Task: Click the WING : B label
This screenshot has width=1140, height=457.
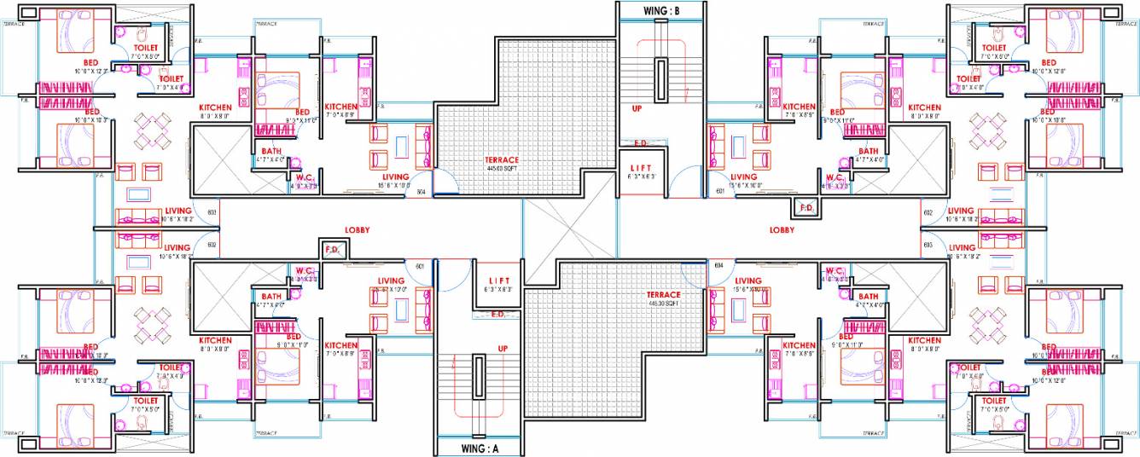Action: pos(661,10)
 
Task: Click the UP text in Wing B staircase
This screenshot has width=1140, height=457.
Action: pos(637,109)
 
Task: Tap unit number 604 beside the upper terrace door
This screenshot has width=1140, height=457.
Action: pos(421,193)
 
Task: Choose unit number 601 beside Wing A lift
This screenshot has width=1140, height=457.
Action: pos(420,266)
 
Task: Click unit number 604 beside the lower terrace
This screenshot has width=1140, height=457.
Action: pos(719,266)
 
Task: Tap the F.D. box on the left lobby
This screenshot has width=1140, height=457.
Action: pos(332,249)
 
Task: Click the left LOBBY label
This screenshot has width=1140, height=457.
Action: pos(357,230)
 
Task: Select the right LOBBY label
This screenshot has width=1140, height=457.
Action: pos(782,230)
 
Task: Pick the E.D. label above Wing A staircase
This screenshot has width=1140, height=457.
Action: pos(498,314)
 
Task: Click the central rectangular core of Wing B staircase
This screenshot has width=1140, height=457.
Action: pos(661,80)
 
